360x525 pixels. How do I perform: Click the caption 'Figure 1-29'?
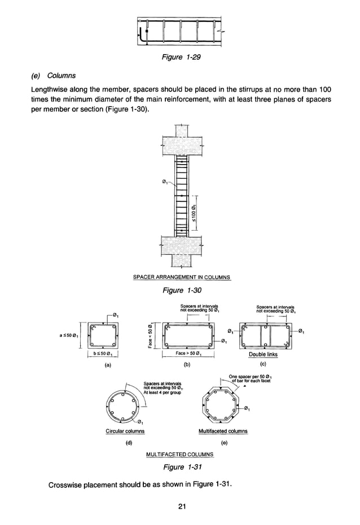(x=181, y=58)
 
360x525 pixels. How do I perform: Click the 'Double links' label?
(x=263, y=355)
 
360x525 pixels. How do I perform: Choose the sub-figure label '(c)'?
(x=263, y=365)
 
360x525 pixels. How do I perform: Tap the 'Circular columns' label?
(x=125, y=431)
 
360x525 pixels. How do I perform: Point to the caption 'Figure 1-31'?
(x=181, y=467)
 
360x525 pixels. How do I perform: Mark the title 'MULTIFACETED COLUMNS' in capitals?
(x=179, y=454)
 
